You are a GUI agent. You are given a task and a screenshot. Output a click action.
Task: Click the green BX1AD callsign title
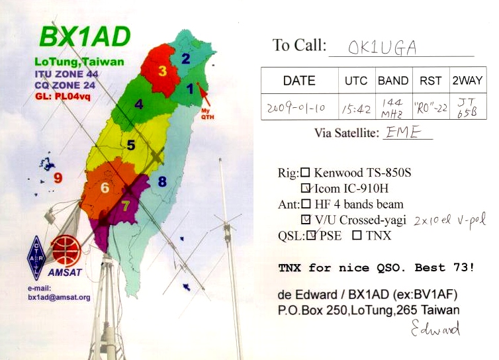(85, 36)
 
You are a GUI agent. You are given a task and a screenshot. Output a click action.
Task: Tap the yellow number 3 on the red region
(162, 71)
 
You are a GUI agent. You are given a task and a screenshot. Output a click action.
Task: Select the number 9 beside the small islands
(58, 177)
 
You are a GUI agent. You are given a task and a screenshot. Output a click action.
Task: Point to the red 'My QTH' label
(208, 114)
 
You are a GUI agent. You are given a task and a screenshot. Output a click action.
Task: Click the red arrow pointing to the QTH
(204, 94)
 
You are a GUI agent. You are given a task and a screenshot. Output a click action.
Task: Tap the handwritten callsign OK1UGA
(382, 48)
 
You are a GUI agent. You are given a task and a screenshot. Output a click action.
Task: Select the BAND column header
(393, 81)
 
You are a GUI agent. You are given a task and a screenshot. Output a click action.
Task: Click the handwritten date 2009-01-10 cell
(296, 108)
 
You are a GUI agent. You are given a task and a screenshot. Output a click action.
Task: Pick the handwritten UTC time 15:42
(357, 109)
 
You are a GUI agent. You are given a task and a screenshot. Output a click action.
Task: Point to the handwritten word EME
(403, 132)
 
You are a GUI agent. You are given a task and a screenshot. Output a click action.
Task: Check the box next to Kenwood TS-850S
(306, 173)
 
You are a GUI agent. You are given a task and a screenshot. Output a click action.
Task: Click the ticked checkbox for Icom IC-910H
(306, 188)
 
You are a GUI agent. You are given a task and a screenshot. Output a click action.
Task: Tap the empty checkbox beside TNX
(357, 235)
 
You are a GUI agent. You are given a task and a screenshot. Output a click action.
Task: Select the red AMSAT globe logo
(66, 251)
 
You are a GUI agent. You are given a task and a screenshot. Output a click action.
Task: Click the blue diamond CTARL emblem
(36, 258)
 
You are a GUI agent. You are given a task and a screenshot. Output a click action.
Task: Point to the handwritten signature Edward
(435, 328)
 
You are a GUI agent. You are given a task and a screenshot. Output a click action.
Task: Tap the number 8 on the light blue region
(162, 181)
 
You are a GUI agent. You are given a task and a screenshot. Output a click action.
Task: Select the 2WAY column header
(467, 81)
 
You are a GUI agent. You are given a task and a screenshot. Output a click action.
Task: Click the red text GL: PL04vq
(63, 96)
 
